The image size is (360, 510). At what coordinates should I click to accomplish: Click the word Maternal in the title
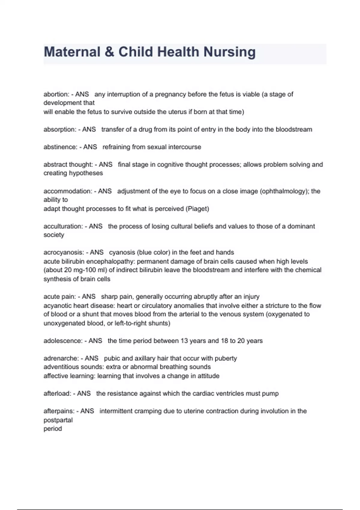coord(72,52)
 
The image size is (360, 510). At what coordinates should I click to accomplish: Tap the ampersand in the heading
coord(109,52)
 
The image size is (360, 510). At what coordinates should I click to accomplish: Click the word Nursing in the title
coord(229,52)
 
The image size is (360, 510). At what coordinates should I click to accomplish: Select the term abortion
coord(56,94)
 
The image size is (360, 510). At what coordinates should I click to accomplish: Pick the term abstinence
coord(60,147)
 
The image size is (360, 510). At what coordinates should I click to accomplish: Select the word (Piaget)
coord(197,209)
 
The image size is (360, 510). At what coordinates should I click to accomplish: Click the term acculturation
coord(63,226)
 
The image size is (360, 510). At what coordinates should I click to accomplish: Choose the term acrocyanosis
coord(63,252)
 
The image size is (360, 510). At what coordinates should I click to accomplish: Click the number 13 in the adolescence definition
coord(184,341)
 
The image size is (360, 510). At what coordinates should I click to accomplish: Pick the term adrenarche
coord(61,358)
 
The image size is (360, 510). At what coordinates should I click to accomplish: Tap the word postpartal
coord(58,420)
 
